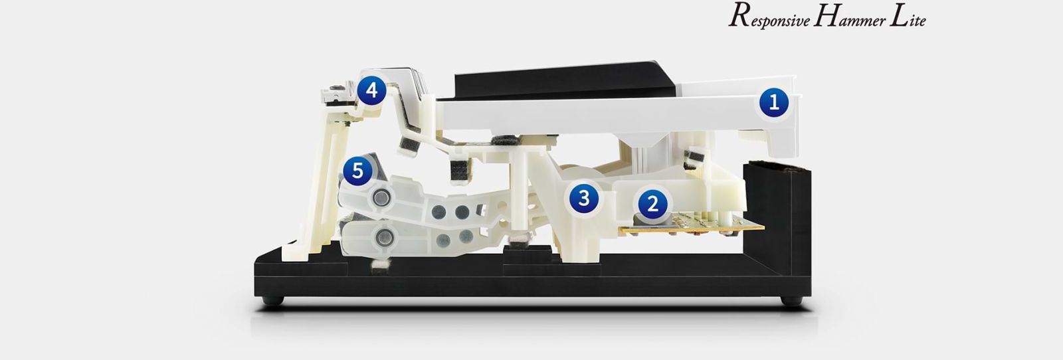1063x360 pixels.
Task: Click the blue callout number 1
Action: [773, 103]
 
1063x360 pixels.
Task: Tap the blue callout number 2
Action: [653, 204]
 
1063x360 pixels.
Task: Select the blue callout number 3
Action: [584, 198]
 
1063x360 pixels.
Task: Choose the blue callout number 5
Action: [357, 171]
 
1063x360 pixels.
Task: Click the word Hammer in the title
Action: [849, 17]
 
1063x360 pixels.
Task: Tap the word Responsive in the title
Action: [769, 17]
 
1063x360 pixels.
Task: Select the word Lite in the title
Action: [908, 17]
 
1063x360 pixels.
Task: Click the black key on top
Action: [565, 82]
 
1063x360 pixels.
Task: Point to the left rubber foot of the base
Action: [273, 300]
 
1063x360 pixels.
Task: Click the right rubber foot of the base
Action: [791, 300]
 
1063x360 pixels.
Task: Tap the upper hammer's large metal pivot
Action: [381, 198]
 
